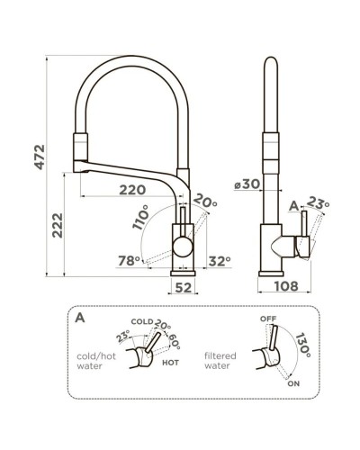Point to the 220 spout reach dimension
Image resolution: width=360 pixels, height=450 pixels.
[132, 189]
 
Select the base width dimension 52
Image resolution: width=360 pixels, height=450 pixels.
[184, 288]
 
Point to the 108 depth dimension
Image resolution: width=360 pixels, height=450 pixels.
[286, 288]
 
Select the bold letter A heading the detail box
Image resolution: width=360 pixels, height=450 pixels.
[81, 318]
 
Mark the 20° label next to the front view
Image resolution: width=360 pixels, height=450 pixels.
[207, 202]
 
